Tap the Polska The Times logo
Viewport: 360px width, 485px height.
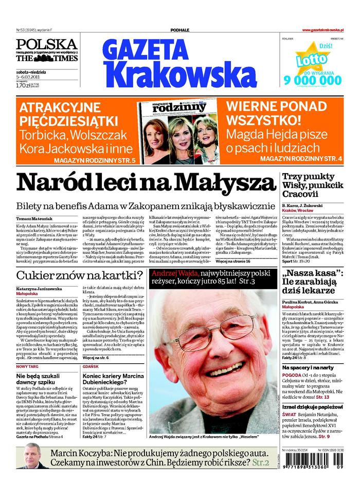tap(46, 50)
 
